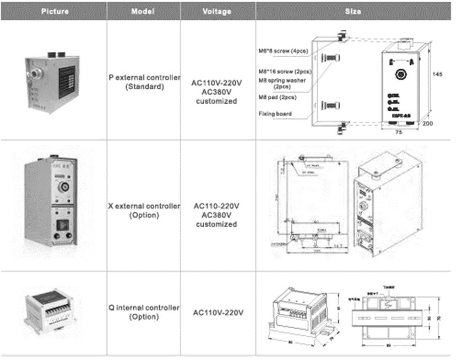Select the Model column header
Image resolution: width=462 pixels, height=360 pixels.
pyautogui.click(x=145, y=11)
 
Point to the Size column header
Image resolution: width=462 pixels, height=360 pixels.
pyautogui.click(x=353, y=11)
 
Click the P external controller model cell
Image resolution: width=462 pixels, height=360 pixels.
pyautogui.click(x=144, y=82)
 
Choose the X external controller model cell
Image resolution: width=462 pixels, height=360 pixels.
pyautogui.click(x=144, y=210)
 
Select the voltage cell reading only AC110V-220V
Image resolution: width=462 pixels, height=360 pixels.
pyautogui.click(x=218, y=313)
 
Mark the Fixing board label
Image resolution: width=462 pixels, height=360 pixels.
pyautogui.click(x=275, y=114)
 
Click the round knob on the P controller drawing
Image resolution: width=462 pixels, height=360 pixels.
pyautogui.click(x=401, y=74)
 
